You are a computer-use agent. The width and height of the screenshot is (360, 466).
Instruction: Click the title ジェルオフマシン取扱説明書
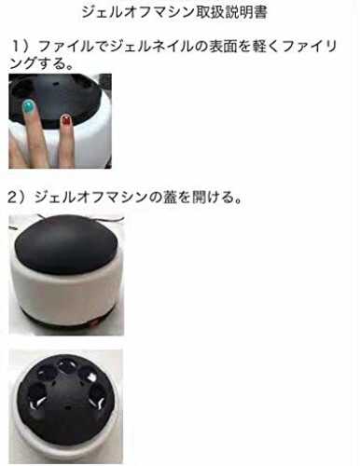(x=174, y=12)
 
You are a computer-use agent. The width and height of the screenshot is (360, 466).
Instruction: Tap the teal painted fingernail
(x=29, y=106)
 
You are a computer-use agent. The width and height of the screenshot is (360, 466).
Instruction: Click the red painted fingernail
(x=65, y=119)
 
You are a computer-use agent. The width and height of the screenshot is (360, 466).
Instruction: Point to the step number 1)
(x=21, y=47)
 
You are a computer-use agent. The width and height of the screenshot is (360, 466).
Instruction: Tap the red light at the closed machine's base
(x=94, y=323)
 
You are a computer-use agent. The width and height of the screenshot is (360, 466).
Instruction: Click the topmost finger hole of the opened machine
(x=66, y=365)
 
